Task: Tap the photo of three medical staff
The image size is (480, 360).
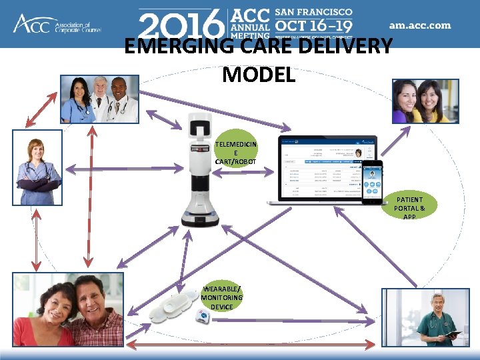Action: point(99,99)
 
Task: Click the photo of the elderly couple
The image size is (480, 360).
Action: point(68,309)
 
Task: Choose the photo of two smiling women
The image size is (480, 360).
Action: point(425,101)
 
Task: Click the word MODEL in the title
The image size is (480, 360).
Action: point(259,75)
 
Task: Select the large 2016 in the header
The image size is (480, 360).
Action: point(181,25)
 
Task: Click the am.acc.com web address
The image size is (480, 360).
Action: point(420,26)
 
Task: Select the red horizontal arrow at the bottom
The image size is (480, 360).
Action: point(249,345)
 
